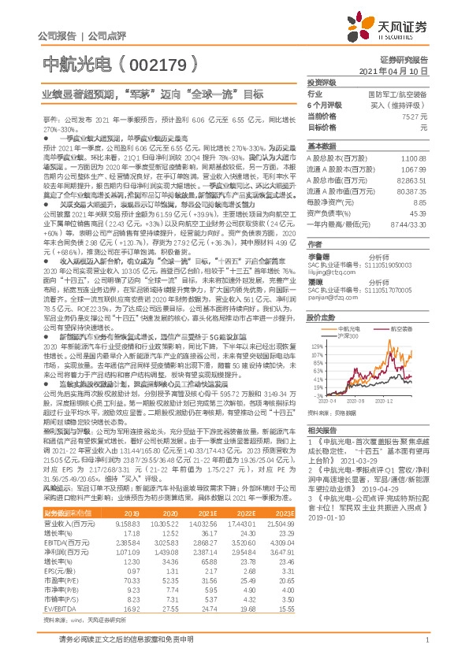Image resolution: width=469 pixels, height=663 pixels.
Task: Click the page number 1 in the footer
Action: (426, 649)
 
